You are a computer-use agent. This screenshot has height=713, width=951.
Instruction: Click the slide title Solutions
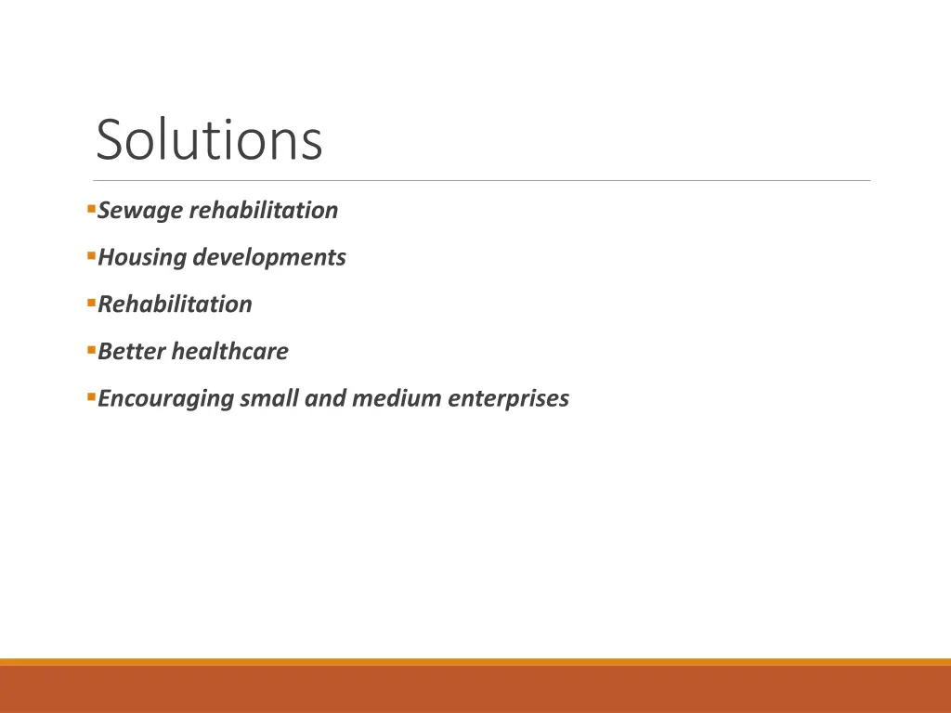point(209,140)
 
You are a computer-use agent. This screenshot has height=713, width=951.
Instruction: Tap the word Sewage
point(140,211)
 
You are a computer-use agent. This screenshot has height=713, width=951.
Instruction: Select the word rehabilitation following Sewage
point(263,211)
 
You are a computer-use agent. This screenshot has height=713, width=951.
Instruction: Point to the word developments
point(268,257)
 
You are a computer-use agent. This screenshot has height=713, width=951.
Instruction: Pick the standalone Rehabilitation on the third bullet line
point(175,305)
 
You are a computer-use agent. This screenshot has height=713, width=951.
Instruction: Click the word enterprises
point(508,399)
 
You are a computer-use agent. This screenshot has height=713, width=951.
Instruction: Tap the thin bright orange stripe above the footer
point(475,662)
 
